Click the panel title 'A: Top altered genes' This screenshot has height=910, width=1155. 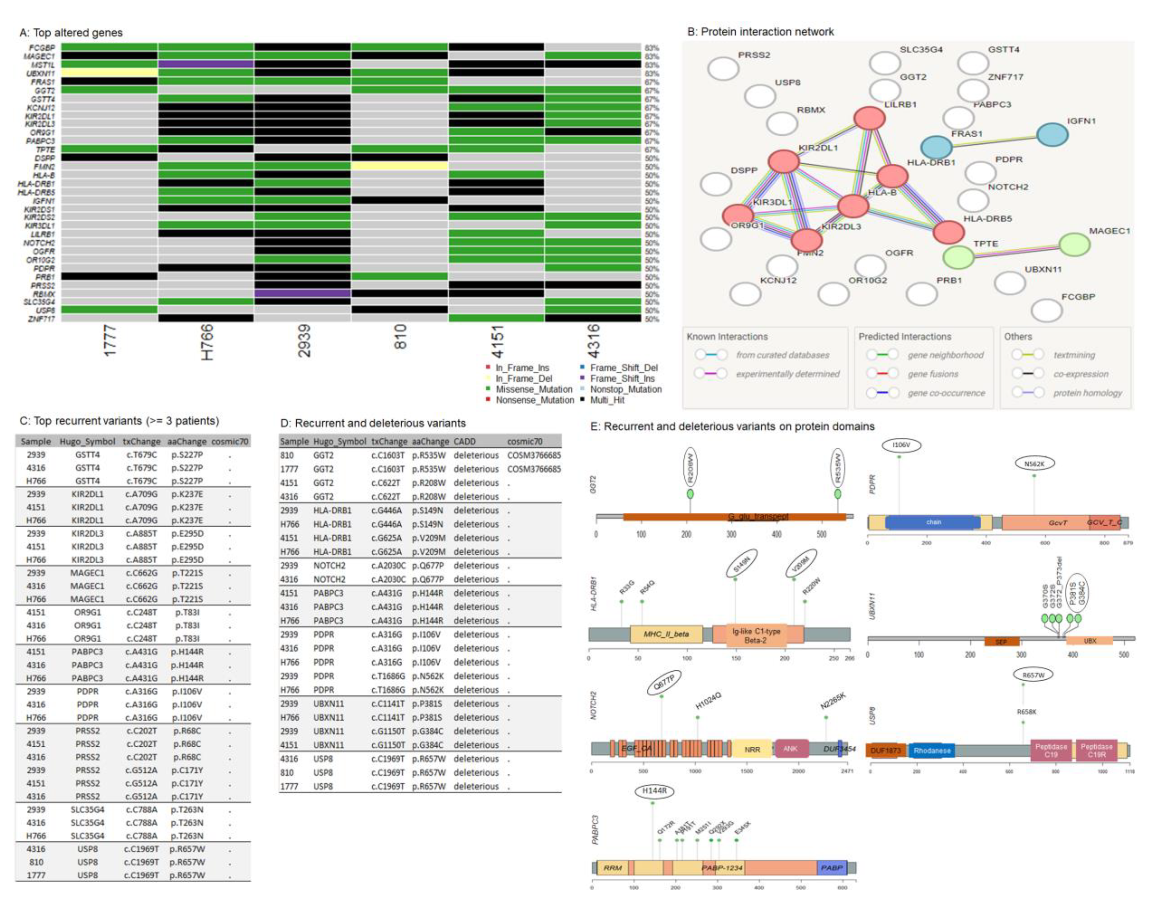71,33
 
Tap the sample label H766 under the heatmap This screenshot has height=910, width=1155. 207,342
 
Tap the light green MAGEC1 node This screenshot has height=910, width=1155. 1074,244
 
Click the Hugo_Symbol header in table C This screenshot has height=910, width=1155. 87,441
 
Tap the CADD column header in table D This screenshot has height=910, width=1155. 465,441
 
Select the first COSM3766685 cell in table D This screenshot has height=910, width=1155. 533,455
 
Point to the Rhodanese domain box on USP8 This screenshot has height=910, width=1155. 932,751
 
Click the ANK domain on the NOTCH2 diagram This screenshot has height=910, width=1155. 790,748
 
